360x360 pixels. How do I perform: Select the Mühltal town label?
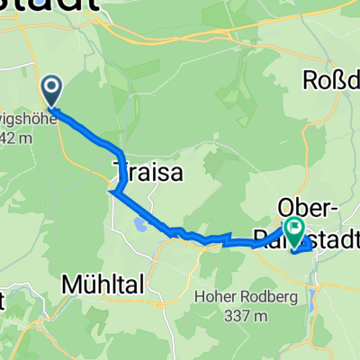coord(103,285)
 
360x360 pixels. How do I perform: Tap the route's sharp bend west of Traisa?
coord(112,191)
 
